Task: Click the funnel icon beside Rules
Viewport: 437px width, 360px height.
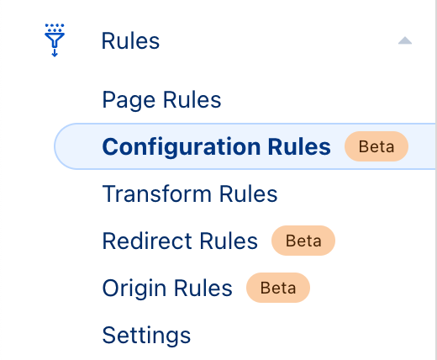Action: [x=55, y=40]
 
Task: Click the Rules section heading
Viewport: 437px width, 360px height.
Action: [x=130, y=41]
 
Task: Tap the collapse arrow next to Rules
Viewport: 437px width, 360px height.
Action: [x=405, y=41]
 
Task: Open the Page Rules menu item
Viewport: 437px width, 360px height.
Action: [x=162, y=100]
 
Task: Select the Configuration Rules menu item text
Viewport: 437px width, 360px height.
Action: [x=217, y=146]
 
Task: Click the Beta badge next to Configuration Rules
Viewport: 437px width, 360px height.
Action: [x=376, y=146]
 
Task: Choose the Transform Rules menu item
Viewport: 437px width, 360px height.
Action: [x=190, y=193]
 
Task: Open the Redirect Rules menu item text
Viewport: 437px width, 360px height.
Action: [x=180, y=241]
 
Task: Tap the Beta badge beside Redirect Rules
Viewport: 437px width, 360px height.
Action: [x=303, y=241]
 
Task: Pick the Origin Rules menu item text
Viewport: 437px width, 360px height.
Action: [x=167, y=289]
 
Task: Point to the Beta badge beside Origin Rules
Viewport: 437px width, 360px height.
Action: [x=278, y=288]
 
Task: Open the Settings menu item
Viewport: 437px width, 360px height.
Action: [x=146, y=336]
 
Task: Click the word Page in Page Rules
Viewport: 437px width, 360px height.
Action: [x=129, y=100]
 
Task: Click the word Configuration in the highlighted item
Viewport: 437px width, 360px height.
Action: [x=182, y=146]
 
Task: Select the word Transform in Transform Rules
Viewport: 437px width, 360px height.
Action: [x=157, y=193]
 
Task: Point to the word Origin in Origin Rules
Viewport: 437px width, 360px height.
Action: [x=134, y=289]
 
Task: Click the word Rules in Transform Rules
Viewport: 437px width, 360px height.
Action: [x=249, y=193]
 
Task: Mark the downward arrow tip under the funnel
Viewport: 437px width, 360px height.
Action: [x=55, y=56]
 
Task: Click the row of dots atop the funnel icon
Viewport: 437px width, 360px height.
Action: [x=55, y=25]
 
